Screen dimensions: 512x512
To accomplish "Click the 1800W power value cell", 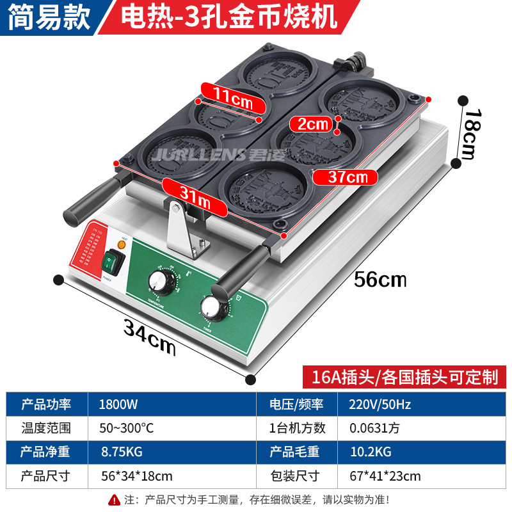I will pyautogui.click(x=118, y=404).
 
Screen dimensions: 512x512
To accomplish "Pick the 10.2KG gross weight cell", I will pyautogui.click(x=371, y=452).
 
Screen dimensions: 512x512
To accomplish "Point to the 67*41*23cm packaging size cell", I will pyautogui.click(x=385, y=476).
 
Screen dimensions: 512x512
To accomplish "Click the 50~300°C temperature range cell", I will pyautogui.click(x=127, y=428).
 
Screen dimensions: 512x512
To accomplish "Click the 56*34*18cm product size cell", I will pyautogui.click(x=136, y=476).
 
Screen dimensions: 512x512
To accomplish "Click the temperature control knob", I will pyautogui.click(x=157, y=280).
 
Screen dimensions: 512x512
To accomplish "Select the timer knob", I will pyautogui.click(x=211, y=308).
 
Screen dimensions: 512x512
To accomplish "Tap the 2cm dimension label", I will pyautogui.click(x=310, y=124).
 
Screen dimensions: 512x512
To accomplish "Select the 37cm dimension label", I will pyautogui.click(x=349, y=177).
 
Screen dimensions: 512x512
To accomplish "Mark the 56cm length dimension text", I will pyautogui.click(x=381, y=279).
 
